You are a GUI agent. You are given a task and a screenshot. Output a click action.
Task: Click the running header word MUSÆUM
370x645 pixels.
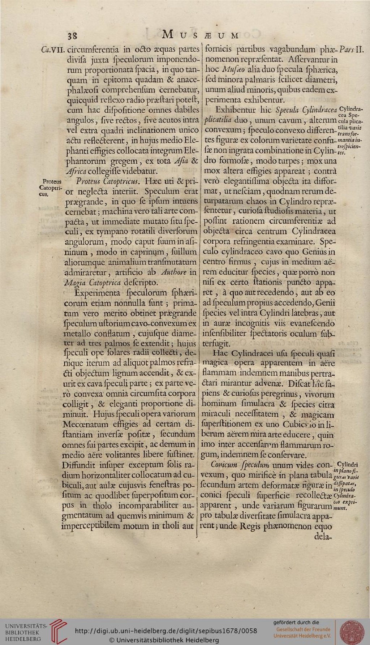(201, 35)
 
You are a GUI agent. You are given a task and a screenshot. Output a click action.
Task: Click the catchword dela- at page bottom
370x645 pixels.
(323, 536)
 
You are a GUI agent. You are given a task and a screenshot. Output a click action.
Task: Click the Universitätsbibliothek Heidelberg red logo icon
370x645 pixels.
(58, 631)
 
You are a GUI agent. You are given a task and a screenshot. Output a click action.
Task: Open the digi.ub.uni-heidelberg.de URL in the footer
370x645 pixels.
(166, 631)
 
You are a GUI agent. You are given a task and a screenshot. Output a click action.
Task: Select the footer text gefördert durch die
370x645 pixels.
(296, 622)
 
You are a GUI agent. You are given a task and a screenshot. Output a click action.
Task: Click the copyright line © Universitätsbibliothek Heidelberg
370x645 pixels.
(164, 640)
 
